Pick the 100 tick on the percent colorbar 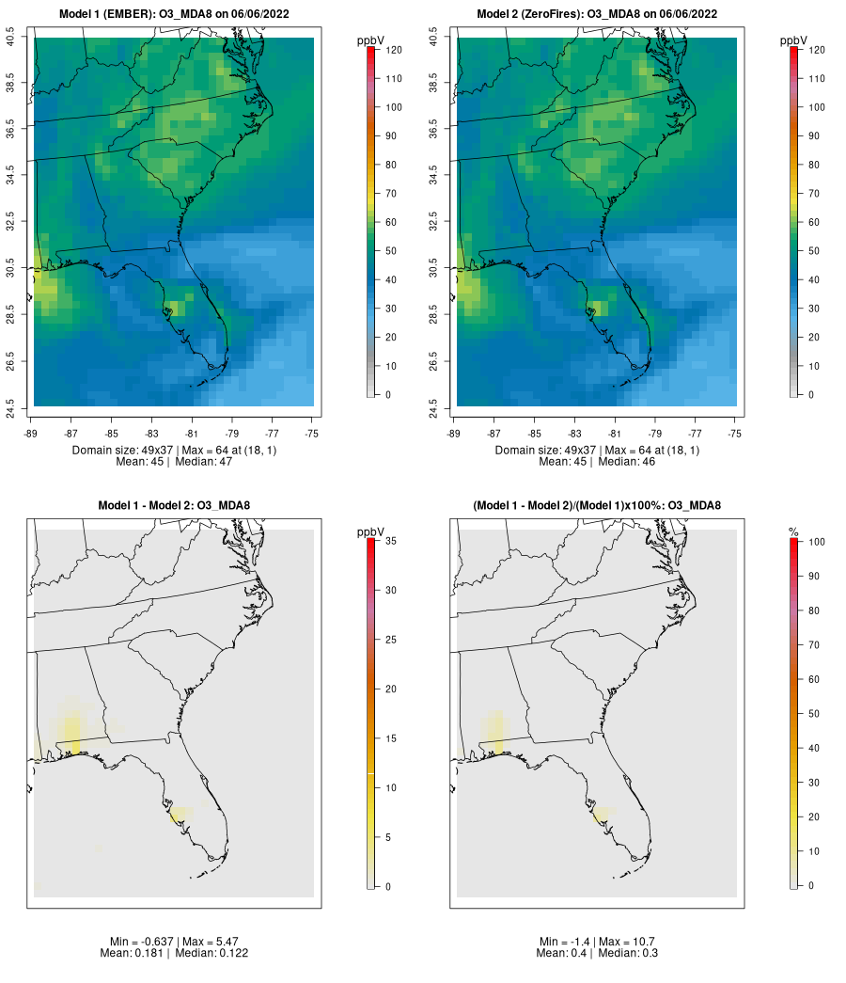coord(814,541)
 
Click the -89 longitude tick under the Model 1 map coord(34,434)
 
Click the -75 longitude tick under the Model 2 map coord(735,434)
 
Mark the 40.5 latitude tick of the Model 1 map coord(11,39)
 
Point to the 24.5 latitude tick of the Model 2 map coord(433,406)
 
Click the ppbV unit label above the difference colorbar coord(371,532)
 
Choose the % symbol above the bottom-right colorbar coord(793,532)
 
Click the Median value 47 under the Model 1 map coord(225,462)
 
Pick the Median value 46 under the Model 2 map coord(648,462)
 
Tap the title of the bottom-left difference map coord(174,506)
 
